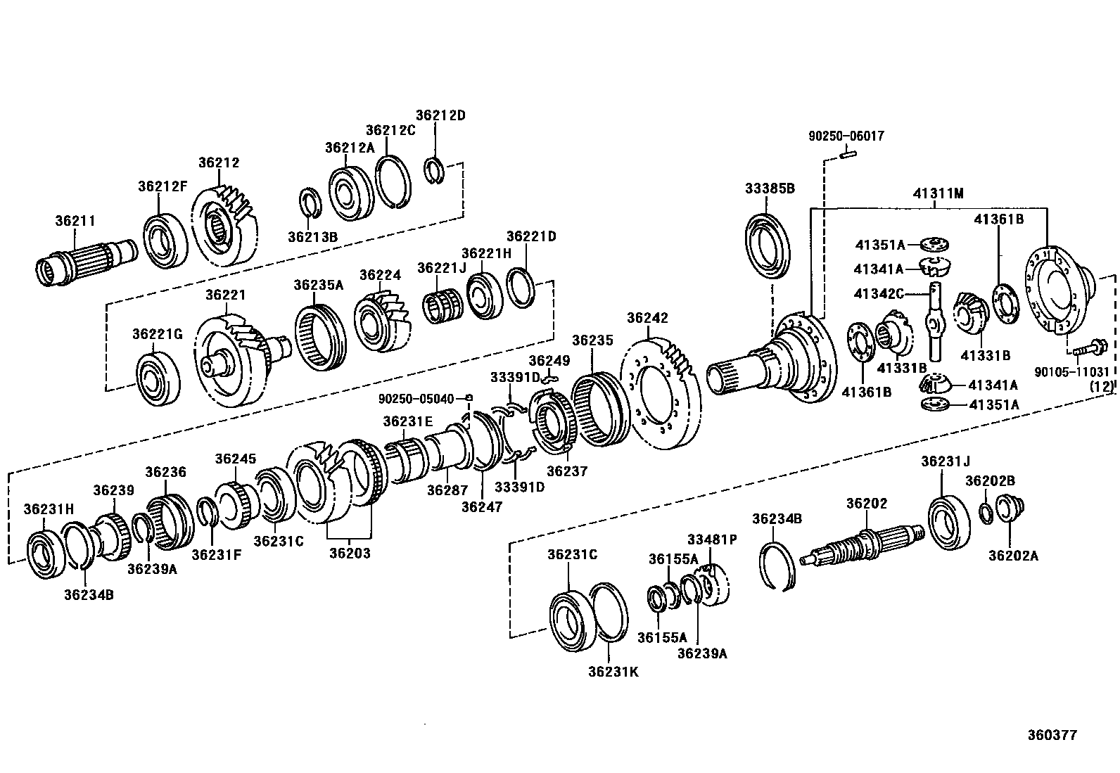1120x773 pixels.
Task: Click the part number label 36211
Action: [75, 220]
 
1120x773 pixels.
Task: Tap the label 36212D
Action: [440, 115]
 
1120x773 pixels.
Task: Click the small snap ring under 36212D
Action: [434, 171]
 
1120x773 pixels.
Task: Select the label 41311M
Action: [938, 193]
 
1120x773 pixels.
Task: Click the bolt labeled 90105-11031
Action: [1088, 347]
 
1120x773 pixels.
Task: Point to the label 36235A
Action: [318, 285]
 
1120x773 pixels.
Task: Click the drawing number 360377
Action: [1051, 735]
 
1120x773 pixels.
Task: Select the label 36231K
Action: [613, 671]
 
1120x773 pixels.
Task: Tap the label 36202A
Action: [1013, 555]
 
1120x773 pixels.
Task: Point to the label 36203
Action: [350, 553]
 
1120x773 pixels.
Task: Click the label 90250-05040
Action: [416, 398]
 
